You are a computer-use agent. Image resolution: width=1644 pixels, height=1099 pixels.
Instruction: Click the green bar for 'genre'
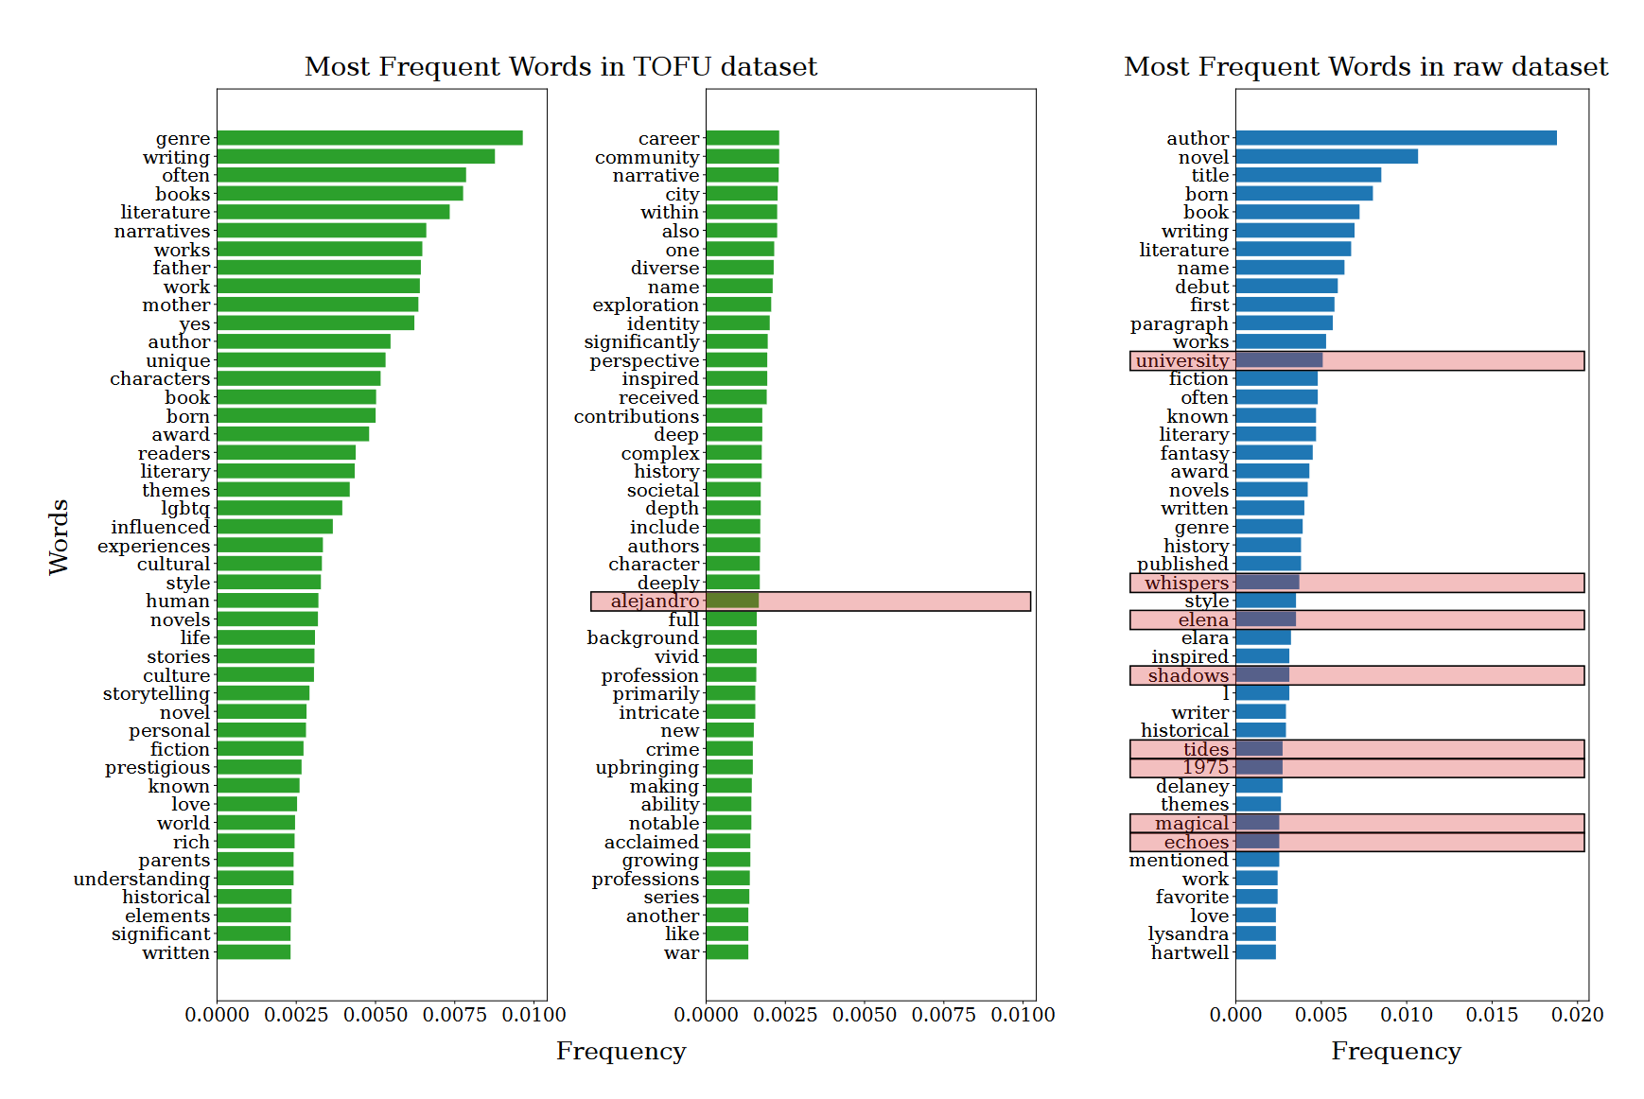pyautogui.click(x=369, y=138)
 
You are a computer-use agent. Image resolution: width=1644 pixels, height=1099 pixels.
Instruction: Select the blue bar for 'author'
pyautogui.click(x=1395, y=138)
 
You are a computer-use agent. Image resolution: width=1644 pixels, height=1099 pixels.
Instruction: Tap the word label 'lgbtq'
pyautogui.click(x=185, y=509)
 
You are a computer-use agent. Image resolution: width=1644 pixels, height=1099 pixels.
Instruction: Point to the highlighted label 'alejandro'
pyautogui.click(x=655, y=602)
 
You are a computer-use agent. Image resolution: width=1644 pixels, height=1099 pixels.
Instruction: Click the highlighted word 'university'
pyautogui.click(x=1182, y=361)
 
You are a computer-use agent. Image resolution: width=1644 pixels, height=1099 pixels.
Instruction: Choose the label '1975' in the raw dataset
pyautogui.click(x=1205, y=768)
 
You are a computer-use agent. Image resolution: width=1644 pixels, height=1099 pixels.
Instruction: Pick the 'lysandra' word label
pyautogui.click(x=1188, y=934)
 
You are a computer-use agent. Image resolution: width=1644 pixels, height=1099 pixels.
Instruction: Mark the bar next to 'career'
pyautogui.click(x=743, y=138)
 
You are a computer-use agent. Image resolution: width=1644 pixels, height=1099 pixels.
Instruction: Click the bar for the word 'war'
pyautogui.click(x=726, y=952)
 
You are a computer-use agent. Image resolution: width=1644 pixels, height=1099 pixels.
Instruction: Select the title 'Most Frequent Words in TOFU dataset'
pyautogui.click(x=561, y=67)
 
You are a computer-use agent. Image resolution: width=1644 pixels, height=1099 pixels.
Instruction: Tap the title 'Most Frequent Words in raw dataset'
pyautogui.click(x=1365, y=67)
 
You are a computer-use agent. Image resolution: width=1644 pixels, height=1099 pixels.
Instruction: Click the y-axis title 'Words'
pyautogui.click(x=59, y=537)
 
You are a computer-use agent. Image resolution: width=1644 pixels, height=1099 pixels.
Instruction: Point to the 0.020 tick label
pyautogui.click(x=1578, y=1015)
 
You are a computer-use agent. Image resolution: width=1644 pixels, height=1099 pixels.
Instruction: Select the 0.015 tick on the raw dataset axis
pyautogui.click(x=1492, y=1015)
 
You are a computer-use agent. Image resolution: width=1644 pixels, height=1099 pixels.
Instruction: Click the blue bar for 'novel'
pyautogui.click(x=1326, y=157)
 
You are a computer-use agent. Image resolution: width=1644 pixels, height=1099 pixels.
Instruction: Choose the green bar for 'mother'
pyautogui.click(x=317, y=305)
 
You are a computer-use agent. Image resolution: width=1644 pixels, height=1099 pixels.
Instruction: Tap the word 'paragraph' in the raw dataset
pyautogui.click(x=1180, y=324)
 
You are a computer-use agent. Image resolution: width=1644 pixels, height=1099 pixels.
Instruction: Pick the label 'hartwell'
pyautogui.click(x=1190, y=953)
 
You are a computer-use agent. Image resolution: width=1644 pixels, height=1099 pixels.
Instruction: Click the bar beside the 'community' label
pyautogui.click(x=743, y=157)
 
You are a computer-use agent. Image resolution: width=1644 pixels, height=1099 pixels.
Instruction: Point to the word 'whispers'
pyautogui.click(x=1186, y=584)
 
